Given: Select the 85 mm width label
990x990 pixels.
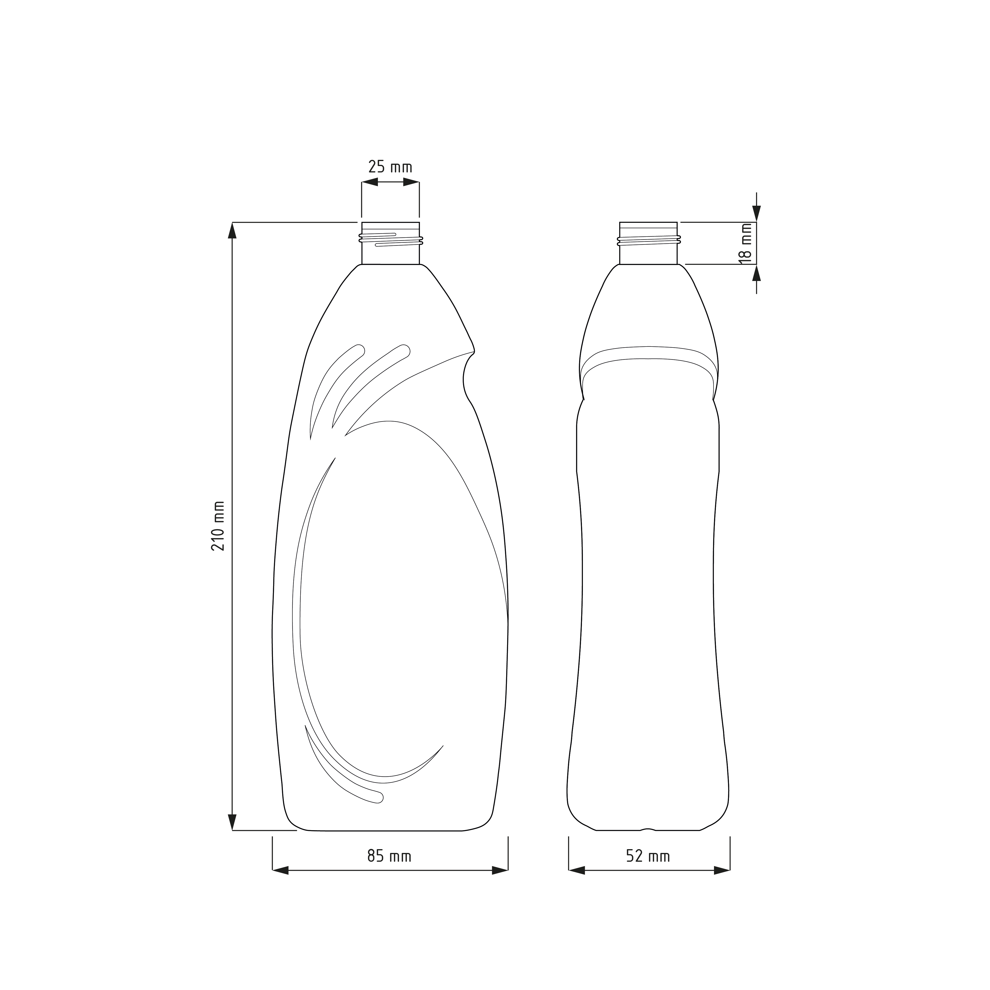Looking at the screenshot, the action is (x=390, y=856).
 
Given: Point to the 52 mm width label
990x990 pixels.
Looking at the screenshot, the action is (x=648, y=856).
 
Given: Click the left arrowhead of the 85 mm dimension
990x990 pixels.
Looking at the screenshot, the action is (x=280, y=870).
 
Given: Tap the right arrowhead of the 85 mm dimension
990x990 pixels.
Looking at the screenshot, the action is (x=500, y=870).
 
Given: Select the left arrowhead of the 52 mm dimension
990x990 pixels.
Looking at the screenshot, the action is (x=576, y=870).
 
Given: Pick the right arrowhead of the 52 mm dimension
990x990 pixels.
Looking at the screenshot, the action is (x=722, y=870).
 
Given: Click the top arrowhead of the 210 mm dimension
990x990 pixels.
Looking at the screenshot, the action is (x=232, y=231).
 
